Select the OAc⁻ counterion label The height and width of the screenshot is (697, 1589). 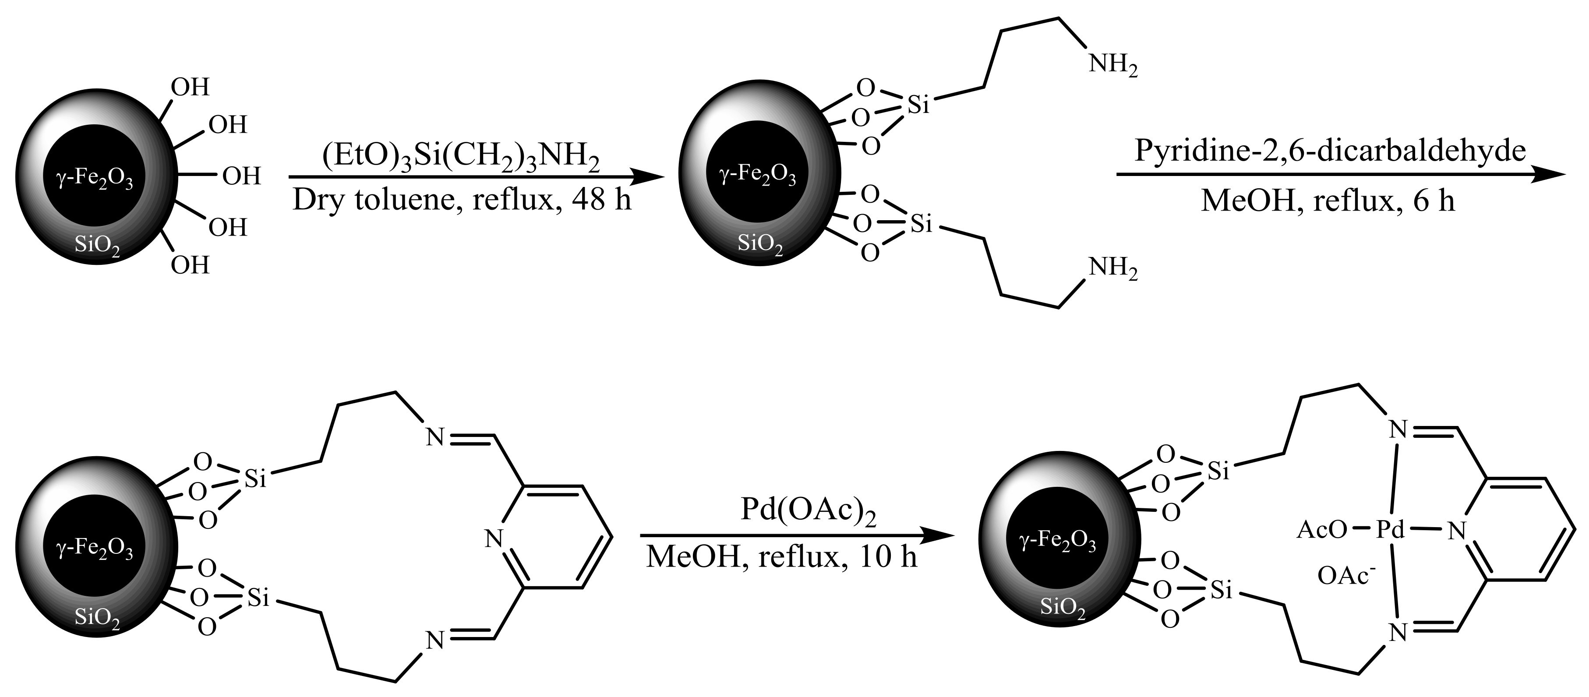tap(1347, 575)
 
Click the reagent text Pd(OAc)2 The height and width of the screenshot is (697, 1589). tap(808, 511)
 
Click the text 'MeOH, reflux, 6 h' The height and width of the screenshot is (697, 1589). tap(1328, 201)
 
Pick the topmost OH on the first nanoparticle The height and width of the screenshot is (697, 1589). tap(190, 87)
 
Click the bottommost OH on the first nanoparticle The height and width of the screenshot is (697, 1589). tap(190, 265)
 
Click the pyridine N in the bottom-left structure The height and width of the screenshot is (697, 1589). tap(494, 539)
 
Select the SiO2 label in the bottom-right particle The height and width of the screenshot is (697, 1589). tap(1062, 608)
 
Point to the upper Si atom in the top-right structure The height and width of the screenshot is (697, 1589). tap(918, 106)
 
